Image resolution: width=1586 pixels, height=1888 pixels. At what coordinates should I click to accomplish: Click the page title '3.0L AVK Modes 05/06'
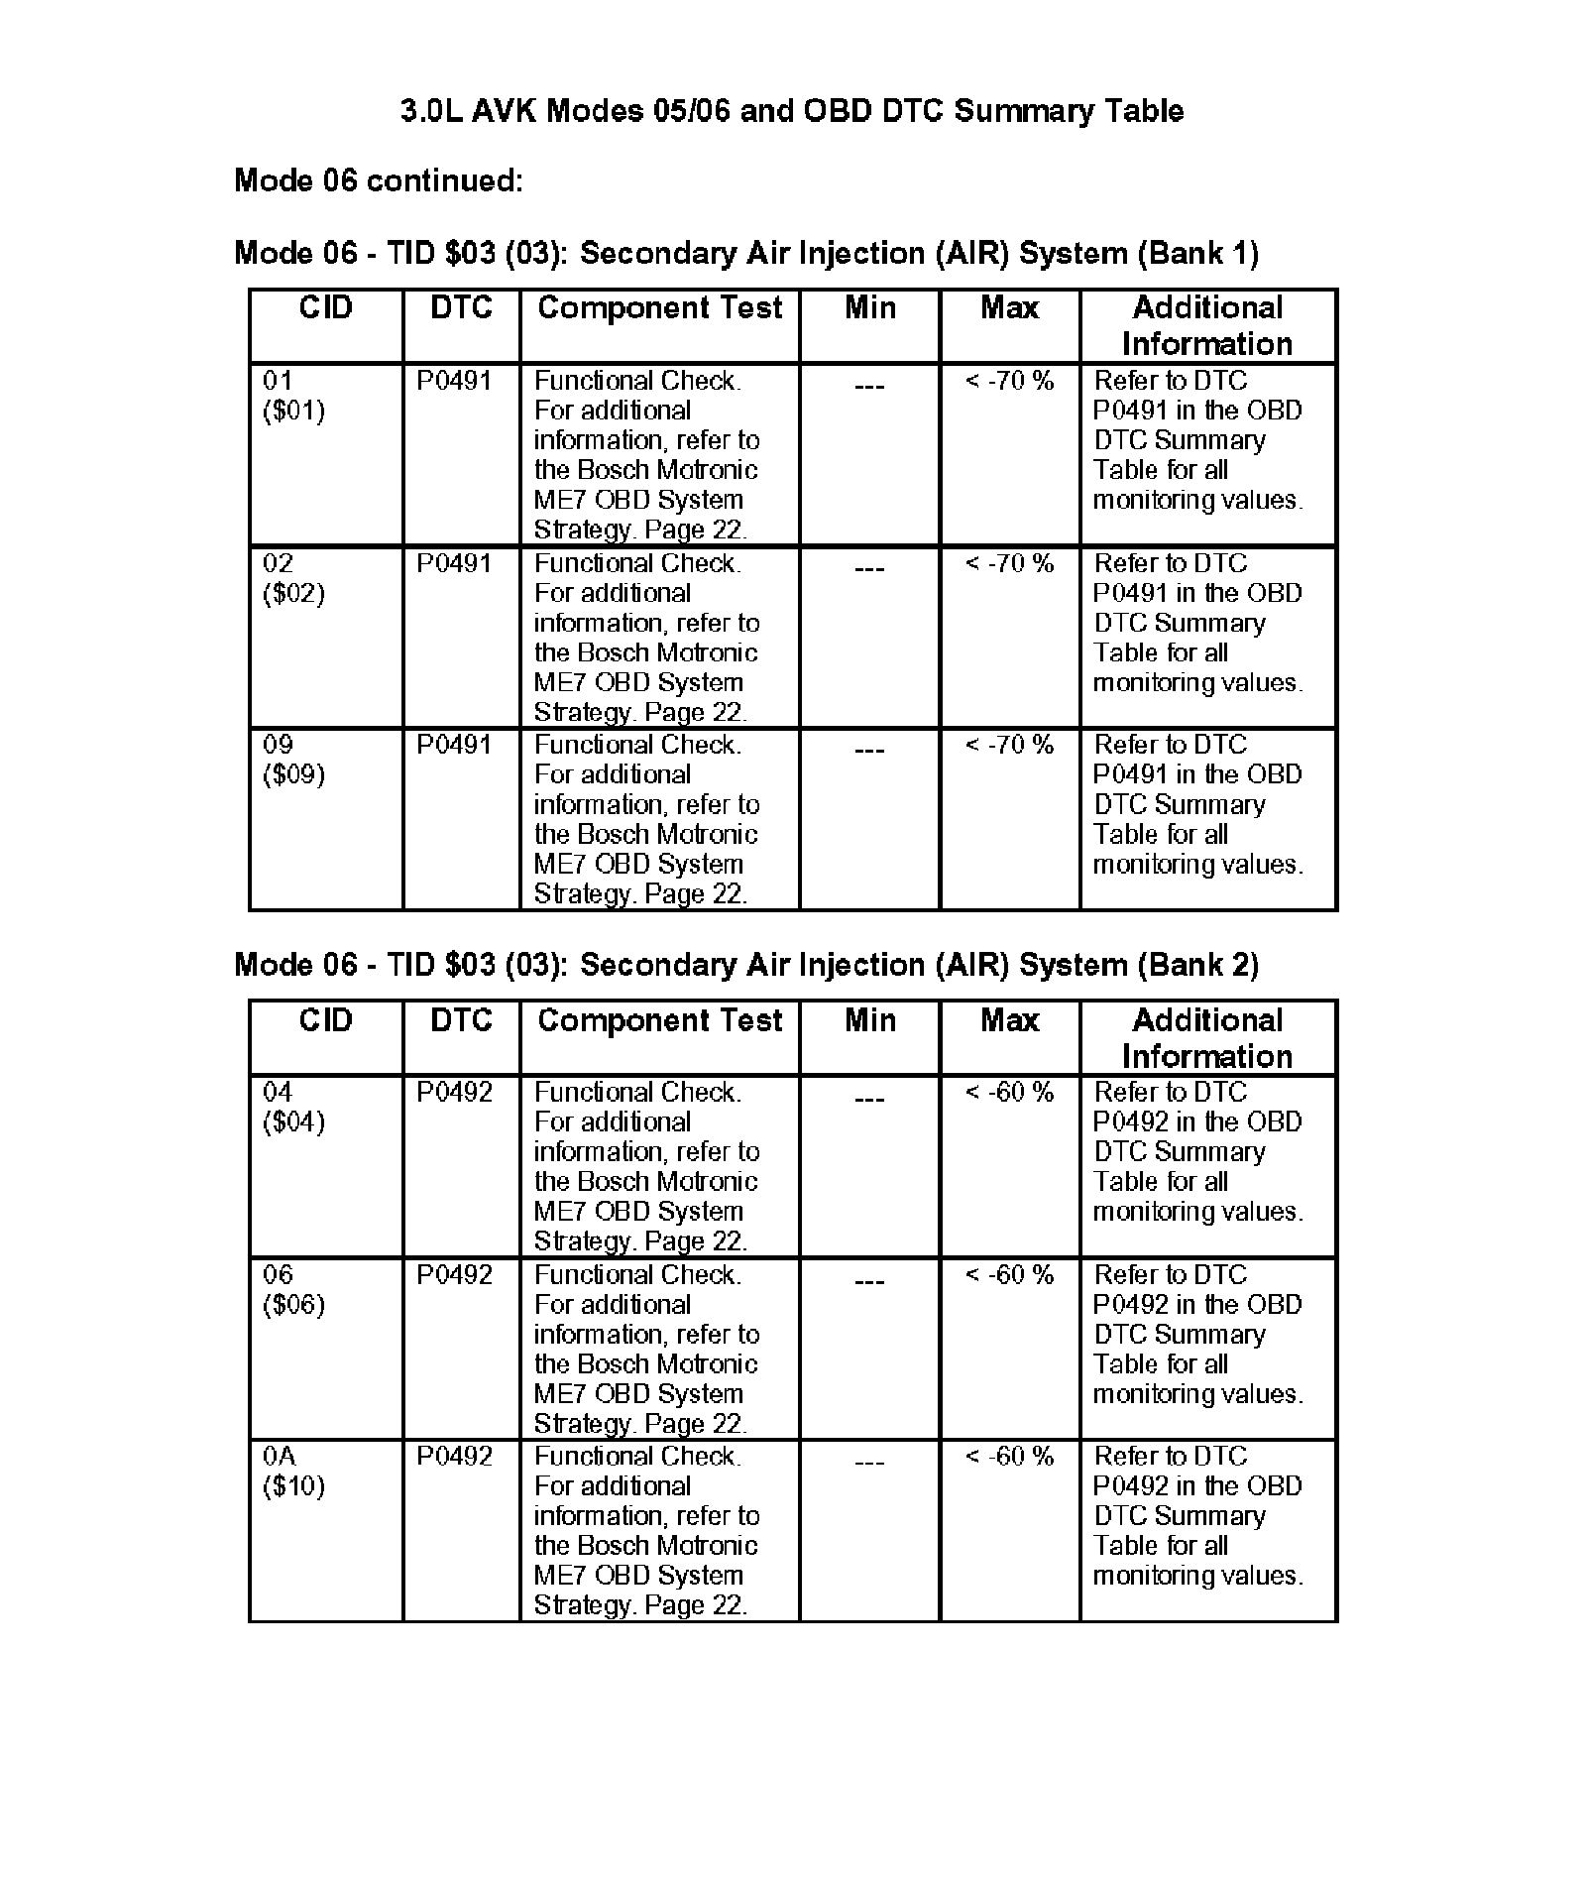click(791, 110)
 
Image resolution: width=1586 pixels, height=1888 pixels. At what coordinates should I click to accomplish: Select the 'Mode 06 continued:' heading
click(379, 180)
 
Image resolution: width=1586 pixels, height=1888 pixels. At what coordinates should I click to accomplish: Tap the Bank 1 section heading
click(745, 253)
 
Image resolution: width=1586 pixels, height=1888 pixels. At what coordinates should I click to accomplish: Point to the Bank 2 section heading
click(745, 965)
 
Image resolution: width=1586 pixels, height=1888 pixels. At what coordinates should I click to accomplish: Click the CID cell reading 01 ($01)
click(293, 396)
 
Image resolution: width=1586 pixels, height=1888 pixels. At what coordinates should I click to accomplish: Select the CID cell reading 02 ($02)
click(293, 578)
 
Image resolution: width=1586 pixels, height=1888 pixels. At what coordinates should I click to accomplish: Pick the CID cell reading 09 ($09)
click(293, 760)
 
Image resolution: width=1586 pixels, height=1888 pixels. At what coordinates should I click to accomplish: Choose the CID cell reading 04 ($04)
click(293, 1107)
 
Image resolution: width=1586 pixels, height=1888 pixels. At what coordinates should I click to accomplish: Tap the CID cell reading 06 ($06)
click(293, 1289)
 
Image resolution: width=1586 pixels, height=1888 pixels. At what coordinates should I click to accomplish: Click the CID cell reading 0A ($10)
click(293, 1471)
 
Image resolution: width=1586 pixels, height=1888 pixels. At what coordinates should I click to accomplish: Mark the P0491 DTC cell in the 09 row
click(454, 745)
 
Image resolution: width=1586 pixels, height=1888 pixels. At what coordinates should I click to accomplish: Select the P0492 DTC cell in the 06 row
click(454, 1274)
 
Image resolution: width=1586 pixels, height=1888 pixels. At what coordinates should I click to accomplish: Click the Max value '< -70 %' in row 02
click(1009, 563)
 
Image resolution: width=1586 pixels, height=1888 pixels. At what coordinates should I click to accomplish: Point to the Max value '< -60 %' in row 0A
click(1009, 1457)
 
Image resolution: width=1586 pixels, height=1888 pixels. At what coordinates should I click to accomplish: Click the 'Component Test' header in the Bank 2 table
click(659, 1020)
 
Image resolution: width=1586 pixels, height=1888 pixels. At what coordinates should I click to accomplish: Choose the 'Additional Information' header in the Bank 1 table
click(1207, 325)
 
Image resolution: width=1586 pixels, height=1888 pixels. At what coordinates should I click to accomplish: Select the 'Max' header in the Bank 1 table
click(1009, 308)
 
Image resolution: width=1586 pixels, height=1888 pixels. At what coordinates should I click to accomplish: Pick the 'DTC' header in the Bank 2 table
click(461, 1020)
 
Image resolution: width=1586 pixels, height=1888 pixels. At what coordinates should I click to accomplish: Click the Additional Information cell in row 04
click(1197, 1151)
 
